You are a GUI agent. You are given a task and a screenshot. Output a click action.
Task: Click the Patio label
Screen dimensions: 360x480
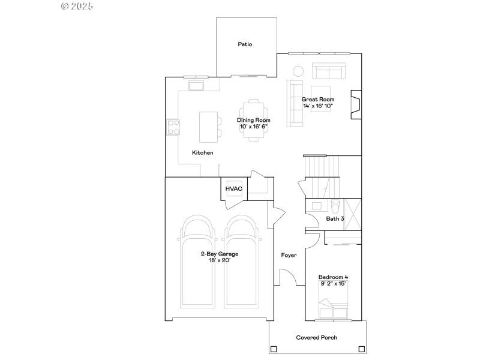245,44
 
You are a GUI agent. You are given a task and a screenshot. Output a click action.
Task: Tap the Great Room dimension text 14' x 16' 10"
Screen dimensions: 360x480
317,106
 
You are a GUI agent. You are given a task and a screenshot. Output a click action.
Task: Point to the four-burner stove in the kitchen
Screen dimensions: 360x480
173,127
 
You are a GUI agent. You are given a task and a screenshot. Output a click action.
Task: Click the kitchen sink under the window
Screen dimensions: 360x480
197,85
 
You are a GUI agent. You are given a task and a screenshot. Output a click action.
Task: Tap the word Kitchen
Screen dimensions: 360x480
202,153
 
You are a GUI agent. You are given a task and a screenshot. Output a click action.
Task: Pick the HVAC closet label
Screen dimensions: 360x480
233,189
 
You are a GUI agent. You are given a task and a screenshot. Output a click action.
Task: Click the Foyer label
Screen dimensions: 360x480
289,255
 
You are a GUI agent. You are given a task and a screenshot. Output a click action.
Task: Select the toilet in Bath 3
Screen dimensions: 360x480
335,205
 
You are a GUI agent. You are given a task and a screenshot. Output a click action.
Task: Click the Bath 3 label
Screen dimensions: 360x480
335,219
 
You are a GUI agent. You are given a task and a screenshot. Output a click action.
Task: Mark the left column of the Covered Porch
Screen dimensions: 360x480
274,349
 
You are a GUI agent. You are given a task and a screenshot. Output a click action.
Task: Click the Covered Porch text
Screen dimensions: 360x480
316,338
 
